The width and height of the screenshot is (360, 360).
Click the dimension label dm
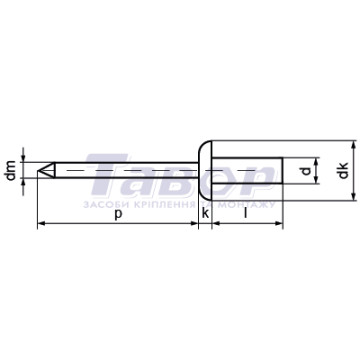tap(12, 170)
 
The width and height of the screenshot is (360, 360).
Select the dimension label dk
tap(343, 170)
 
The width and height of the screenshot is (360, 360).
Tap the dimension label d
tap(306, 171)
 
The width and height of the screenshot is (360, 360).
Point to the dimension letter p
tap(118, 215)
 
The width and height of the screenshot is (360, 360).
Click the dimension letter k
tap(206, 213)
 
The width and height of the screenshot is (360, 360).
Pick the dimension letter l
tap(246, 213)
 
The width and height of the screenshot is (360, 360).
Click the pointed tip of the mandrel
tap(38, 171)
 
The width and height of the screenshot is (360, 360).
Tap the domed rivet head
tap(205, 171)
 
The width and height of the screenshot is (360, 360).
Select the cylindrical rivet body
tap(248, 171)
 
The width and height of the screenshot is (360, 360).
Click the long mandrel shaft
tap(127, 171)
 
